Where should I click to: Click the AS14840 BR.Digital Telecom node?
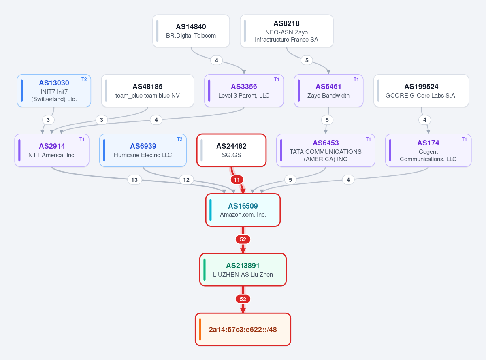(x=191, y=31)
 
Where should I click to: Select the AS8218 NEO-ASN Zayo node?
(x=287, y=31)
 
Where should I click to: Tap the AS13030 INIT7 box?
(x=54, y=91)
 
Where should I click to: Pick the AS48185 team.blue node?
(x=147, y=91)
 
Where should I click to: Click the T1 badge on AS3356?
(x=277, y=79)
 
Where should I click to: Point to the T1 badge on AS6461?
(x=356, y=79)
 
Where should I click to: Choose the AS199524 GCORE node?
(x=421, y=91)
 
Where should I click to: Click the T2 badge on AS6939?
(x=180, y=139)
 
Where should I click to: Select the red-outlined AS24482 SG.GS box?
(x=231, y=150)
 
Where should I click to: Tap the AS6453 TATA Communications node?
(x=326, y=150)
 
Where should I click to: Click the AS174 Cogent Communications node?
(x=428, y=150)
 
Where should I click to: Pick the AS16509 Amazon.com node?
(x=243, y=210)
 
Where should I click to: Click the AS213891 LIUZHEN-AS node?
(x=243, y=270)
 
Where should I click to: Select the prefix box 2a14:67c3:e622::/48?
(x=243, y=329)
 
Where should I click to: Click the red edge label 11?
(x=237, y=180)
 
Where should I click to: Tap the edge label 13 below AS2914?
(x=134, y=180)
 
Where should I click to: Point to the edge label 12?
(x=186, y=180)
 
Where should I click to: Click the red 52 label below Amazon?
(x=243, y=239)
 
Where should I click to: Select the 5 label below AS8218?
(x=307, y=60)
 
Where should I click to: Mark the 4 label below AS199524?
(x=425, y=120)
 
